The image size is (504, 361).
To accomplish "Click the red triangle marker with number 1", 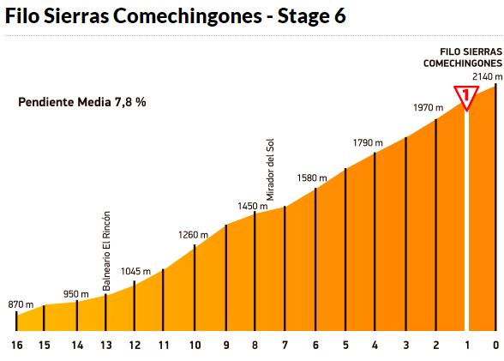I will [x=466, y=96].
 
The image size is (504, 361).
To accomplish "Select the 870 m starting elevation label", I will [x=21, y=304].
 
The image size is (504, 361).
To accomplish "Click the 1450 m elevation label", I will [x=253, y=206].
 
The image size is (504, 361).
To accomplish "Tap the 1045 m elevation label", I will [x=135, y=271].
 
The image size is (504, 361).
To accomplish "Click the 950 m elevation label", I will [x=77, y=293].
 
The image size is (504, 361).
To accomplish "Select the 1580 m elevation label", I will [x=311, y=177].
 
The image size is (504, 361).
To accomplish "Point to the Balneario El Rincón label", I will [x=106, y=251].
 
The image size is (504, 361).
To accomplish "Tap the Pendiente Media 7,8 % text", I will [x=82, y=102].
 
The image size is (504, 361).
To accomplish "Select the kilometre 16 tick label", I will [x=16, y=346].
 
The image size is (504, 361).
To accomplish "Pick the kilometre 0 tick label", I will [x=495, y=346].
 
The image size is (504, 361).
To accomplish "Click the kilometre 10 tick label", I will [x=195, y=346].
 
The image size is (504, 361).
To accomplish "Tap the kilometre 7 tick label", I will [x=285, y=346].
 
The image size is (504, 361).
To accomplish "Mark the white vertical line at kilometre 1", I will [x=467, y=223].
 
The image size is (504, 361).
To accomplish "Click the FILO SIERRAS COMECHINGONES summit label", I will [x=464, y=57].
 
